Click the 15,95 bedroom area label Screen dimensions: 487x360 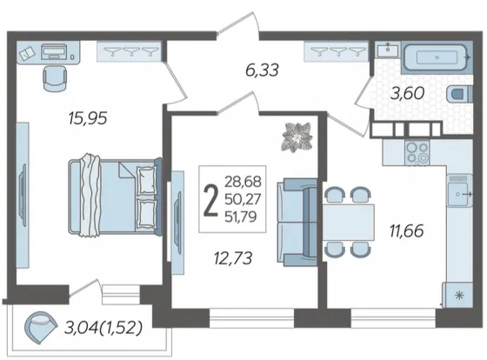(88, 118)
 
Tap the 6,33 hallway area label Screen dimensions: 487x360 (262, 70)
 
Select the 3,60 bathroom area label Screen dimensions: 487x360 (407, 93)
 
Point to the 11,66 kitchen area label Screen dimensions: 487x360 (407, 231)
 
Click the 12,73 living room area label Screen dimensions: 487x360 (233, 258)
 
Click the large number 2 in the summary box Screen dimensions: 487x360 (210, 199)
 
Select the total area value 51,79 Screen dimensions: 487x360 (241, 217)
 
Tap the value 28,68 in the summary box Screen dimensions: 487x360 (243, 182)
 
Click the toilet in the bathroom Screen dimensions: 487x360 (460, 94)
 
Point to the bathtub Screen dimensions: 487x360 (437, 57)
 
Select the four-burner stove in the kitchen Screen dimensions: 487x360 (417, 152)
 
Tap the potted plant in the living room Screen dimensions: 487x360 (297, 137)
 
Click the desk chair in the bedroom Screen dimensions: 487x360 (55, 78)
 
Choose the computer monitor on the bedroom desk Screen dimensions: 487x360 (54, 51)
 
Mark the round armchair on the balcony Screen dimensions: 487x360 (40, 327)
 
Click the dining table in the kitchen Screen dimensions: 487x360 (348, 223)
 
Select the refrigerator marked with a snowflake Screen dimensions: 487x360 (457, 295)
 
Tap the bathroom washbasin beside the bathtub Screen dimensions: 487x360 (388, 50)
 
